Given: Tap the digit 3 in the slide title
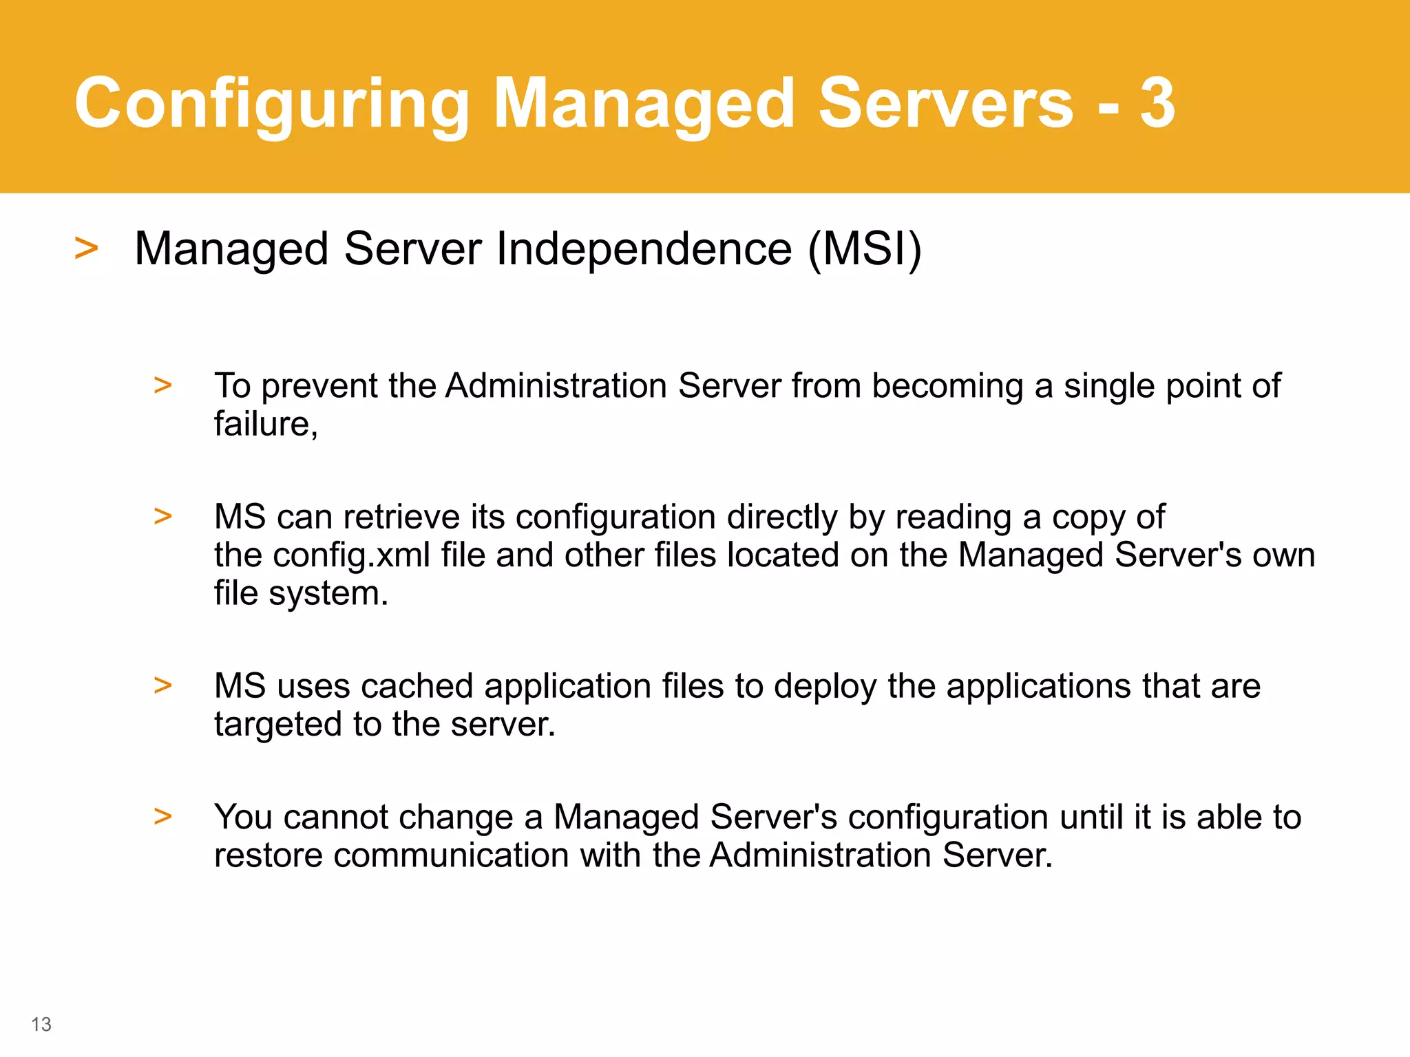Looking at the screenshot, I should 1157,103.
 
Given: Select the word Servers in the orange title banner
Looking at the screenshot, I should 946,103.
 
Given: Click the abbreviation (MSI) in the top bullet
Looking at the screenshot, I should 865,248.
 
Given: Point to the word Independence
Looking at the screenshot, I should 644,248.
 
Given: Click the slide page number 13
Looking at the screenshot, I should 41,1025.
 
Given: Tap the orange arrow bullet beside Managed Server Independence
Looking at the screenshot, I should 87,248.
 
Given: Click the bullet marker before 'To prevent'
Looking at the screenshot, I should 163,385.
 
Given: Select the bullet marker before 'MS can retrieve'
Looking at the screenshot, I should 163,516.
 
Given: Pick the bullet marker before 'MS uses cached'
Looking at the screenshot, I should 163,685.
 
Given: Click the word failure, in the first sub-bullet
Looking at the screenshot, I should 266,424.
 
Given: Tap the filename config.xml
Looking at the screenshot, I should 352,555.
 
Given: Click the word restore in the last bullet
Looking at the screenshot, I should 269,855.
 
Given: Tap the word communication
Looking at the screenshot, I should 452,855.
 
